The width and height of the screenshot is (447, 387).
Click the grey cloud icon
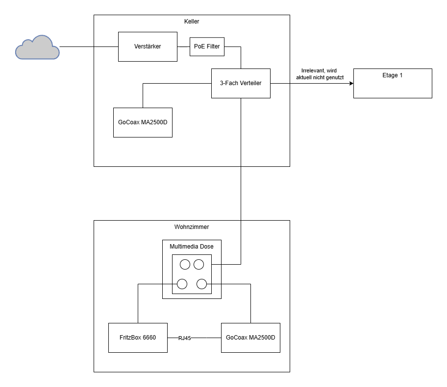coord(37,48)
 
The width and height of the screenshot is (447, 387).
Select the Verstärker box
coord(148,46)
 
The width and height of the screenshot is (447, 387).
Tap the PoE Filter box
coord(207,46)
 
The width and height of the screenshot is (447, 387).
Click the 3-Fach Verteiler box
coord(241,83)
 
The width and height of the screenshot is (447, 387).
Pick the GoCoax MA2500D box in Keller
coord(143,122)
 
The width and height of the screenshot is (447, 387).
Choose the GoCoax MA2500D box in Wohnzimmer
coord(250,338)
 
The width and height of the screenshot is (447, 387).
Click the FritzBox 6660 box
coord(138,338)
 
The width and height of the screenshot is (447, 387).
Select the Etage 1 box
coord(393,83)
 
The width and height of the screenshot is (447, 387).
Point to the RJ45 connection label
coord(184,338)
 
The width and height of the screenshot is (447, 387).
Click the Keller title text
coord(192,22)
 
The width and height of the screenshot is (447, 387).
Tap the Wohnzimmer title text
coord(192,227)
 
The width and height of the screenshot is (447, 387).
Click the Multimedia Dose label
coord(192,247)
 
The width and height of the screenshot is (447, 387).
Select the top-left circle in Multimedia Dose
coord(185,265)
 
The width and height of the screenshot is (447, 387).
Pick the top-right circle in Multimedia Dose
coord(199,265)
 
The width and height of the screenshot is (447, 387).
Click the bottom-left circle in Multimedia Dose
coord(182,284)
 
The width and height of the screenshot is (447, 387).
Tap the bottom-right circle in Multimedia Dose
coord(201,284)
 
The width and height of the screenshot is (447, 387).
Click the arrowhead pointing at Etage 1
coord(350,83)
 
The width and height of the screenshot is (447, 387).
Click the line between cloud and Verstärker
coord(89,46)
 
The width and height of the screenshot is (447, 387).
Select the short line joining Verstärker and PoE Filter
coord(184,46)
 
